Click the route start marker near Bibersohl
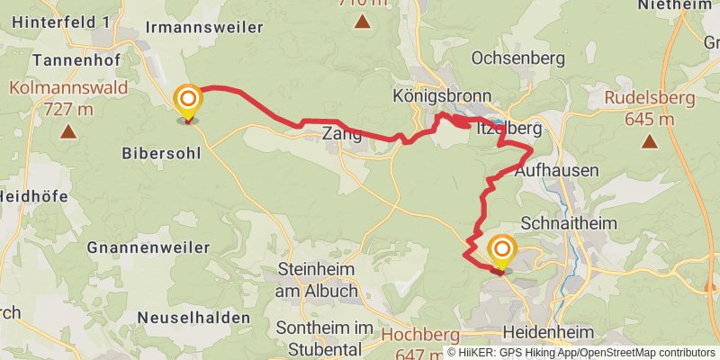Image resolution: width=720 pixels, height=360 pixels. [188, 100]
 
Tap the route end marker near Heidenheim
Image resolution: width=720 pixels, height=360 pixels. [501, 251]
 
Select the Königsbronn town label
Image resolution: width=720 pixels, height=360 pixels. [442, 95]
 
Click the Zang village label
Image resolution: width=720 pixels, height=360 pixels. [342, 135]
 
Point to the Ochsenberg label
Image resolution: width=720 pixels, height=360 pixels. [518, 58]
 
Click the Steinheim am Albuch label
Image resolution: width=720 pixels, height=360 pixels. [318, 280]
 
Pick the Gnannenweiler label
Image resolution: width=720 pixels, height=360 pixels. [148, 247]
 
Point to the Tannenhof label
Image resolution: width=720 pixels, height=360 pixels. [69, 59]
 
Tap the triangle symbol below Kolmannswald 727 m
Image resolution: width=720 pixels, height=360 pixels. [67, 133]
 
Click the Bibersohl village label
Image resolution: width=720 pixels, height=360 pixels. [158, 153]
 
